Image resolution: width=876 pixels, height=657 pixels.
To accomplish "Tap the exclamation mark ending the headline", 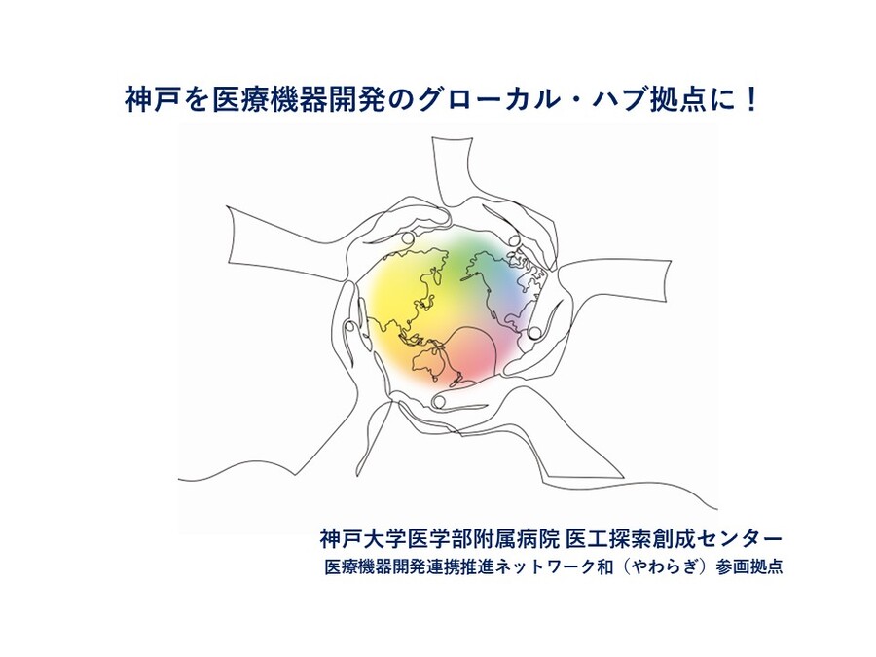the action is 751,100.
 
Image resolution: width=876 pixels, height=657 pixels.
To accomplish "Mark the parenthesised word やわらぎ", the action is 661,567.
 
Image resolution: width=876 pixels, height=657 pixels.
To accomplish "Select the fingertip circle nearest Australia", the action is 439,401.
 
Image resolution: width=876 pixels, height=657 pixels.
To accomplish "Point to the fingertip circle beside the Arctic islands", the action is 514,240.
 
